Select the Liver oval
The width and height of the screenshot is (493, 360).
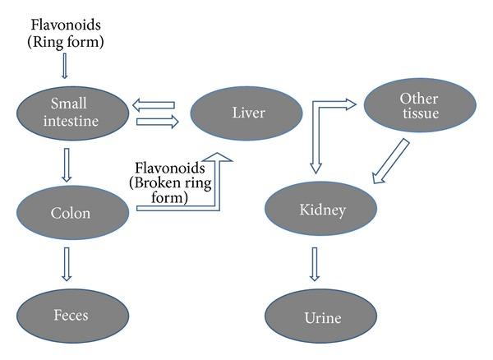point(247,113)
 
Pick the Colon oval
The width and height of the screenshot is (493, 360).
point(70,213)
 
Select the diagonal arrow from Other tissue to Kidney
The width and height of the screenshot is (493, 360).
point(390,162)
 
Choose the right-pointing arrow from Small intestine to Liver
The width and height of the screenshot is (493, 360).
point(156,122)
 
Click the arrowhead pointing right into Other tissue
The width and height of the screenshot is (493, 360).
point(349,104)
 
